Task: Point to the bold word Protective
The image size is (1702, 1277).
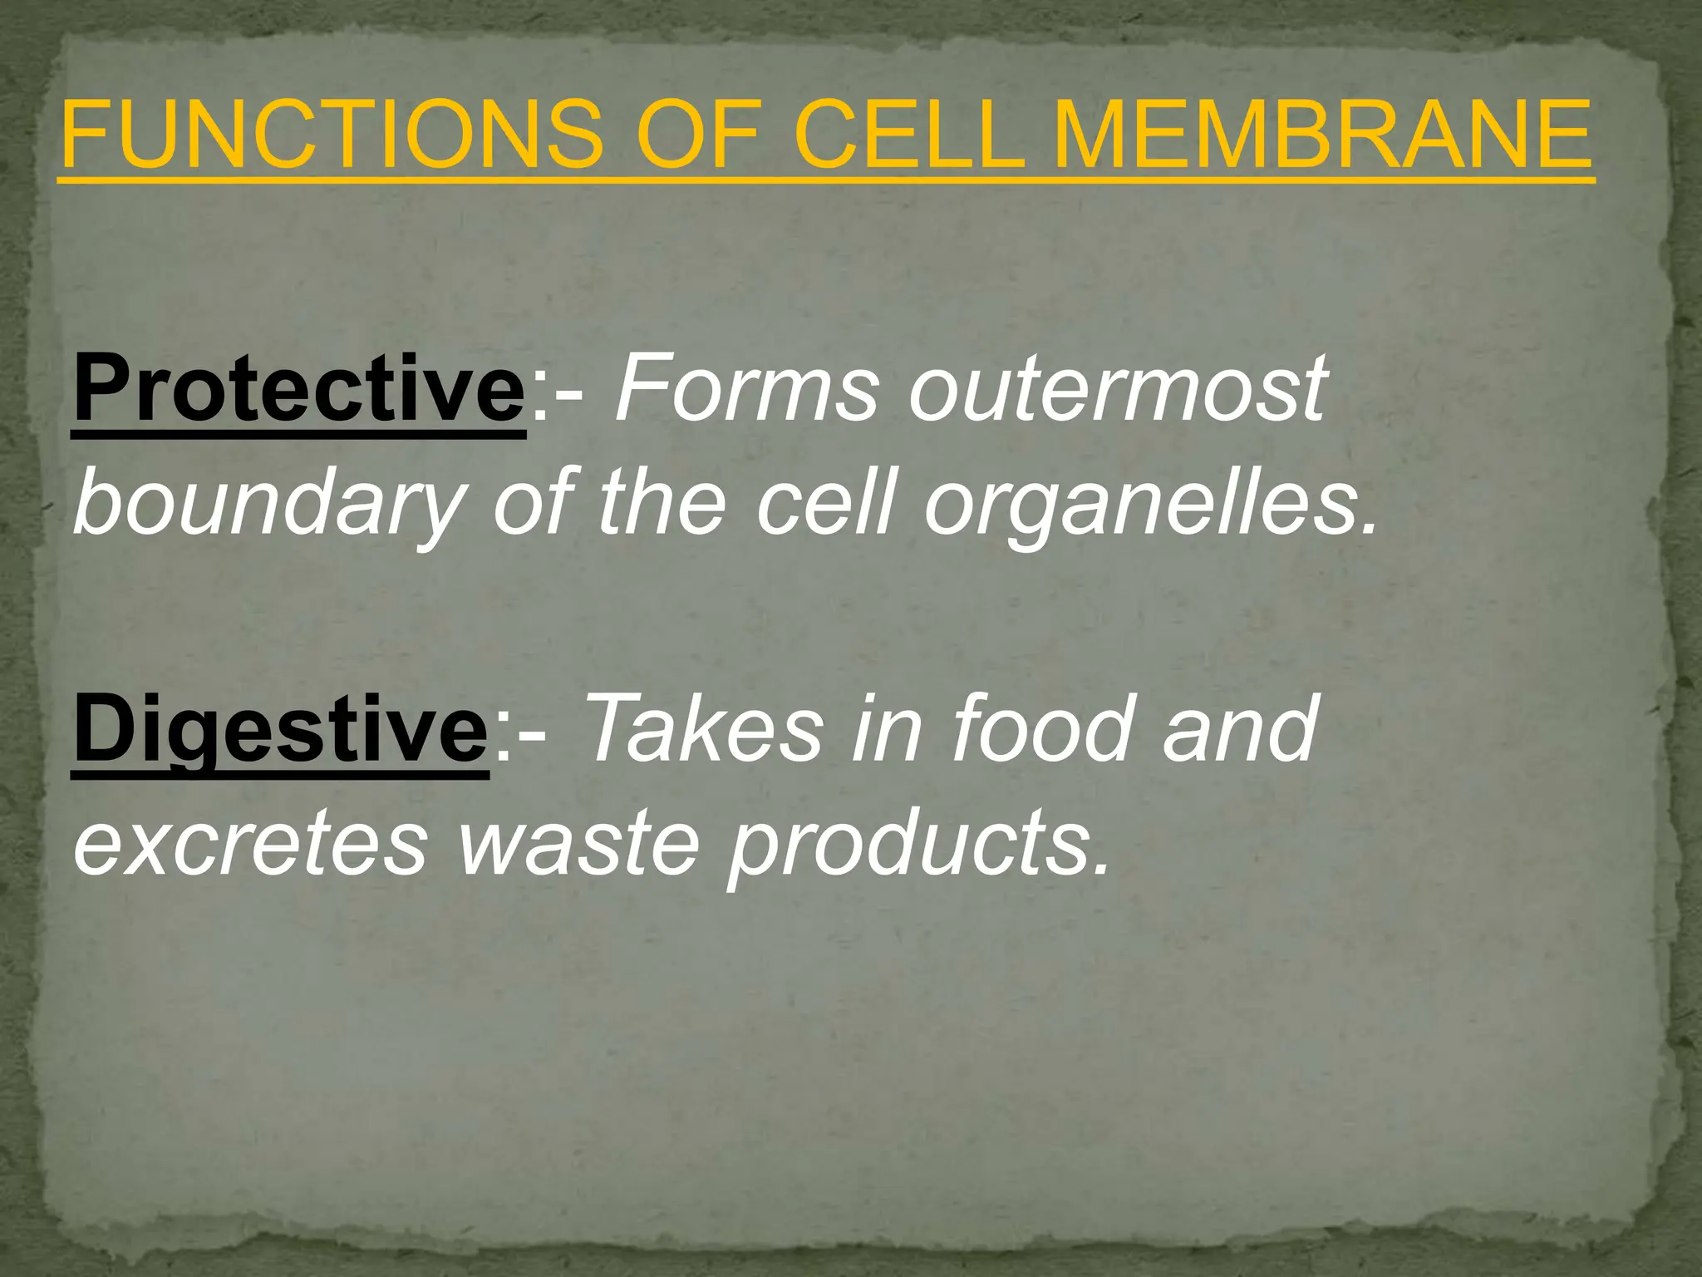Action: [x=299, y=389]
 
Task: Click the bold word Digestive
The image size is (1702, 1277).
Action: [x=281, y=730]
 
